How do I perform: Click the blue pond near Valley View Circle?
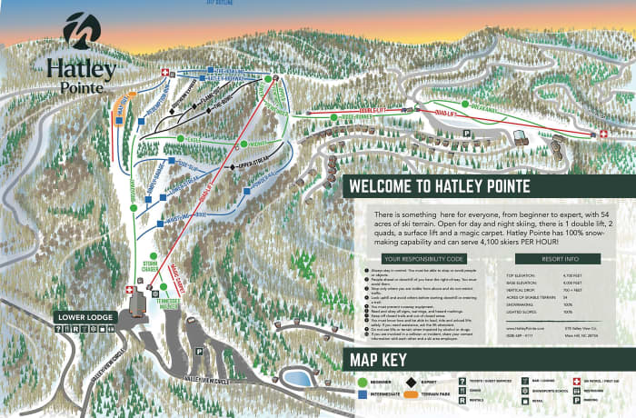(x=296, y=376)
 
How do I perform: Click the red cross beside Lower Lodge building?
(x=129, y=291)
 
